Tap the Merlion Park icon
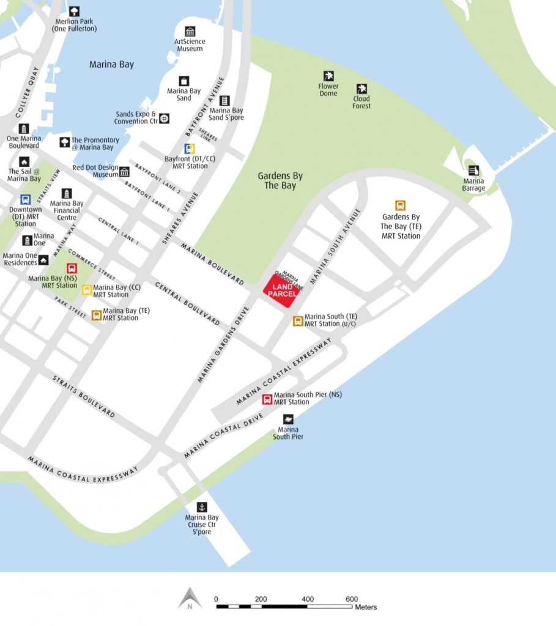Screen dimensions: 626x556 [x=74, y=11]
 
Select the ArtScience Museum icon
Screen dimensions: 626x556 [x=190, y=31]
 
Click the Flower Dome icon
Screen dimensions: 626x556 [x=328, y=76]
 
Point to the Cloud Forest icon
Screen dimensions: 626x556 [x=361, y=89]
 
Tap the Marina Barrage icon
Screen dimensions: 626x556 [x=473, y=171]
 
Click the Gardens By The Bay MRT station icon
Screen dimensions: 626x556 [x=401, y=206]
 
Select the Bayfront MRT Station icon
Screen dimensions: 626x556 [x=190, y=149]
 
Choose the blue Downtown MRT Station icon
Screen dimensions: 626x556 [x=25, y=200]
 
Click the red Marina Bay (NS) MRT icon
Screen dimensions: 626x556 [x=72, y=268]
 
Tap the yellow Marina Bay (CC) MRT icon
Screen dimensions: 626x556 [x=87, y=290]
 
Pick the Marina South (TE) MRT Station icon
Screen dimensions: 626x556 [x=298, y=320]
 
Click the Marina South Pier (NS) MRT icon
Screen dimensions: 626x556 [x=267, y=399]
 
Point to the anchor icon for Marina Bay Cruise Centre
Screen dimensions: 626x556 [x=201, y=507]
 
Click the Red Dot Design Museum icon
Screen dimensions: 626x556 [x=124, y=171]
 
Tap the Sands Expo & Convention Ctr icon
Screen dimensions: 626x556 [x=164, y=118]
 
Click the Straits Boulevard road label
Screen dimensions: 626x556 [x=83, y=397]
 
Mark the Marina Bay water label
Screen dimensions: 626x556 [x=111, y=64]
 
